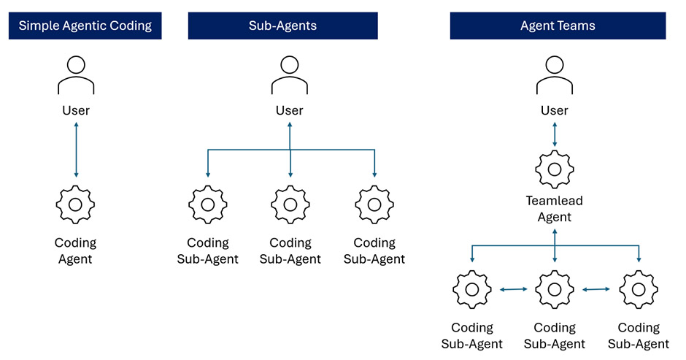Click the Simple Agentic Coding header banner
click(x=85, y=26)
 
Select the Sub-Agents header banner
click(x=282, y=26)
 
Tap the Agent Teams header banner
click(x=558, y=26)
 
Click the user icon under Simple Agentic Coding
click(x=76, y=75)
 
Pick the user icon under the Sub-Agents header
click(x=290, y=75)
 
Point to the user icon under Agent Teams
click(x=555, y=75)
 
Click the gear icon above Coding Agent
click(x=76, y=205)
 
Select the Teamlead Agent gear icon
click(x=555, y=169)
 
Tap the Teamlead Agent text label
click(x=555, y=209)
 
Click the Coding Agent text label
click(x=76, y=250)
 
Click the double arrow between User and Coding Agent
click(x=76, y=150)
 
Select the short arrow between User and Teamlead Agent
click(x=555, y=135)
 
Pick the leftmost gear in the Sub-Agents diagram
click(x=208, y=205)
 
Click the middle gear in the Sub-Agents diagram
click(x=290, y=205)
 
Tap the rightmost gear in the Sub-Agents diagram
click(x=374, y=205)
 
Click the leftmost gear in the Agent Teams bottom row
click(x=472, y=290)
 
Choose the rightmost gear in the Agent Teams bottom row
click(x=639, y=290)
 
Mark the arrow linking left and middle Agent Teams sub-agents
click(x=514, y=290)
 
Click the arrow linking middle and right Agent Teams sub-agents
click(x=596, y=290)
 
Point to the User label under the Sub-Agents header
click(x=290, y=111)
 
